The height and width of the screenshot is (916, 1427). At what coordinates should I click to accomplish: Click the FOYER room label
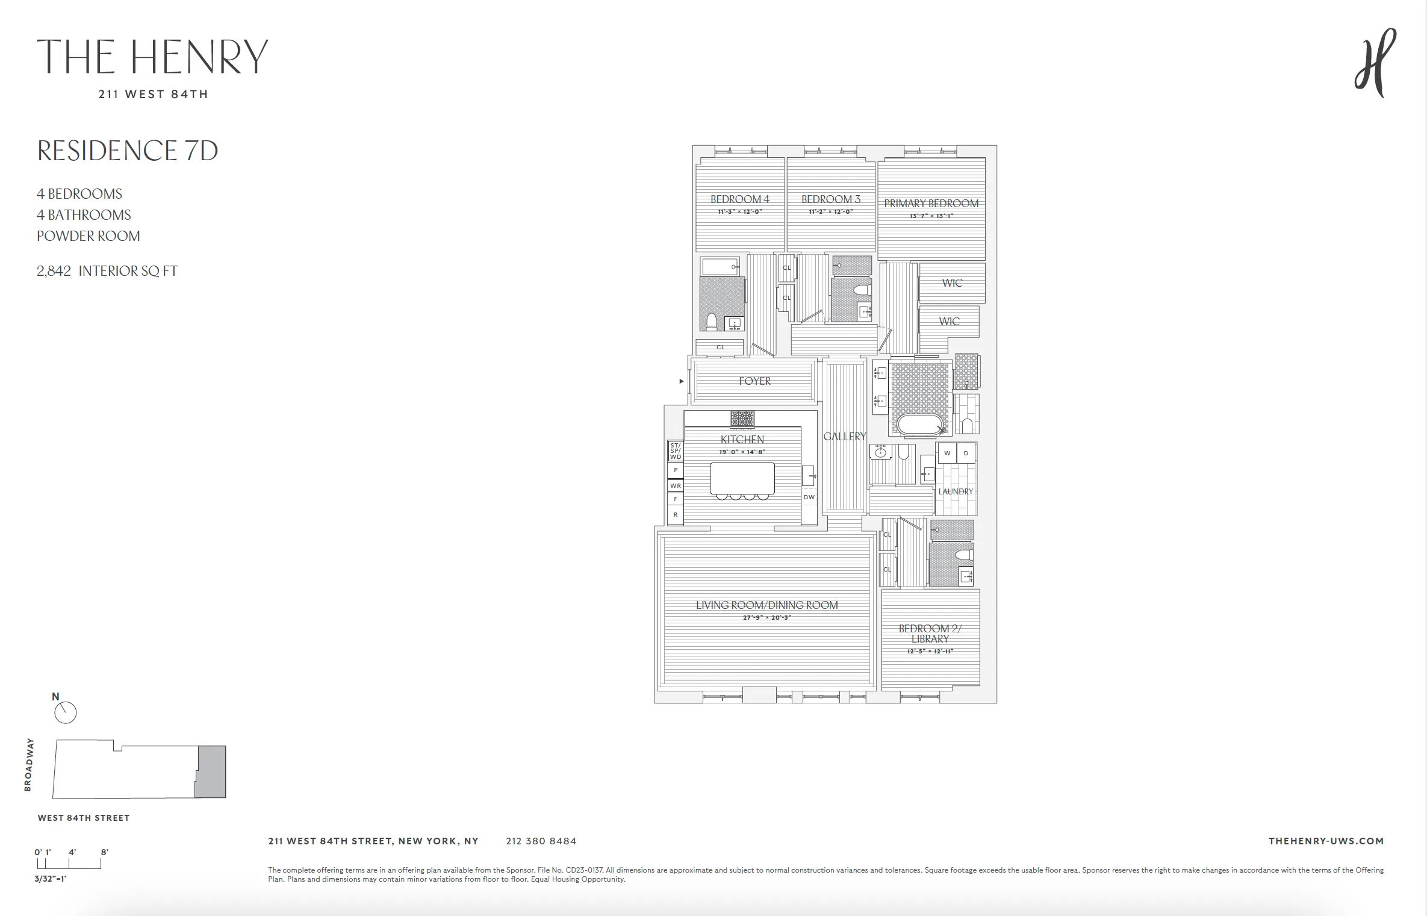754,381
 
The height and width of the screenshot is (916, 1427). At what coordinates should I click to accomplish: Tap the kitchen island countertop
742,478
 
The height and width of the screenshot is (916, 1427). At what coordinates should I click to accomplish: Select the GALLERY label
844,437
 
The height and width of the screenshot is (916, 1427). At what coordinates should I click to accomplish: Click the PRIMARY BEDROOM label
931,204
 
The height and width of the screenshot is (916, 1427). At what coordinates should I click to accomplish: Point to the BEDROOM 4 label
739,199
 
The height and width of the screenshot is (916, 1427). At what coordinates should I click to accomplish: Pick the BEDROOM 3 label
830,199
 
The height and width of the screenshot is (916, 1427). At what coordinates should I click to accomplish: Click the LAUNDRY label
956,491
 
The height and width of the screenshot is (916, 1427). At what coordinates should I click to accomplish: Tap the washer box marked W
947,453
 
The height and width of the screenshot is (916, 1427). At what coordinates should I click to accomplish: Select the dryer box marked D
966,453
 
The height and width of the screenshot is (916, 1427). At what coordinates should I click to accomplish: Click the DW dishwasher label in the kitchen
809,497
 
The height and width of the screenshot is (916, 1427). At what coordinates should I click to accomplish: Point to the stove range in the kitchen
742,419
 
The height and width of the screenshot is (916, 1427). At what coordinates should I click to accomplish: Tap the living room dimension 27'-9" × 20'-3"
766,617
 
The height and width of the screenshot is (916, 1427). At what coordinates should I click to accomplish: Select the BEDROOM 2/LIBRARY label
930,634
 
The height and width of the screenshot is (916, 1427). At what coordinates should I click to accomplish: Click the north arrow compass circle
66,713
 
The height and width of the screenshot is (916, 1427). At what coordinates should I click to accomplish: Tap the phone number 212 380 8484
541,841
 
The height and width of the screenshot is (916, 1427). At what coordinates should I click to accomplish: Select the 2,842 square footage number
54,271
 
